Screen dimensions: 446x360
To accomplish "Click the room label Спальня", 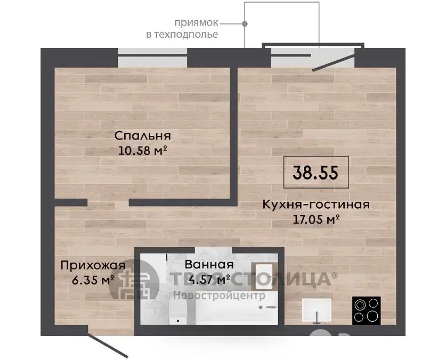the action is click(142, 136).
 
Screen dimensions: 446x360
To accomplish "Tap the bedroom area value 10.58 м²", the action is click(142, 150).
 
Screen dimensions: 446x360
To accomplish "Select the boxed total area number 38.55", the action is click(316, 173).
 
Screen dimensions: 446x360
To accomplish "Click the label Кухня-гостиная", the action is click(316, 204).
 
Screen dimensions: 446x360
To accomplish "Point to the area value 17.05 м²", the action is click(316, 219).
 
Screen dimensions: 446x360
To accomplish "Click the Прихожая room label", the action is click(93, 266).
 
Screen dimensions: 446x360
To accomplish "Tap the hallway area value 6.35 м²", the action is click(93, 280).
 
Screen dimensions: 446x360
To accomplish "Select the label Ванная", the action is click(209, 265).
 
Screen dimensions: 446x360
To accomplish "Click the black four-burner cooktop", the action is click(367, 310).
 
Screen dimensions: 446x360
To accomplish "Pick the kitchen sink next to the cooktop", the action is click(317, 310).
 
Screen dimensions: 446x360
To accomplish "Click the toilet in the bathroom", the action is click(178, 312).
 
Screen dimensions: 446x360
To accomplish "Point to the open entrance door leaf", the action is click(108, 345).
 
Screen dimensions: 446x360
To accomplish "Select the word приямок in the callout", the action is click(196, 23).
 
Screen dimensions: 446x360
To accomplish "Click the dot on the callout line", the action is click(245, 24).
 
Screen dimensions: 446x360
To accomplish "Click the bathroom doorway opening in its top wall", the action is click(213, 250).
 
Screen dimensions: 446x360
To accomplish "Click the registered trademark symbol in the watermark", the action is click(335, 275).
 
